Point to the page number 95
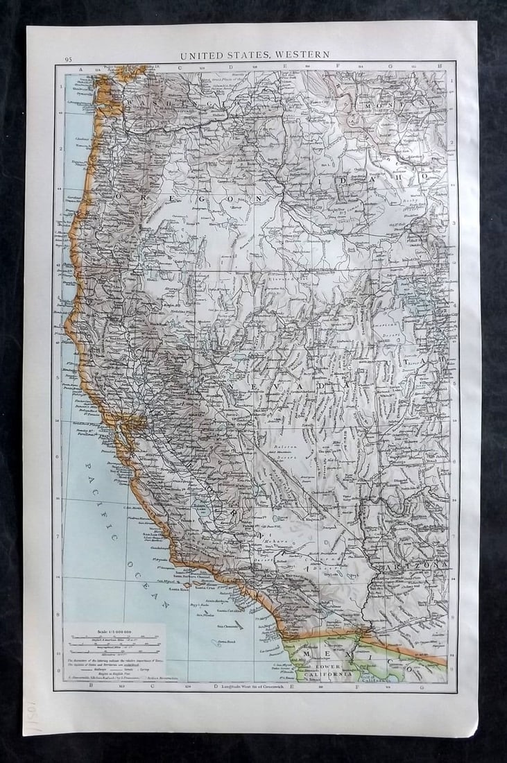pyautogui.click(x=68, y=60)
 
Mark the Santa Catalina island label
pyautogui.click(x=229, y=610)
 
